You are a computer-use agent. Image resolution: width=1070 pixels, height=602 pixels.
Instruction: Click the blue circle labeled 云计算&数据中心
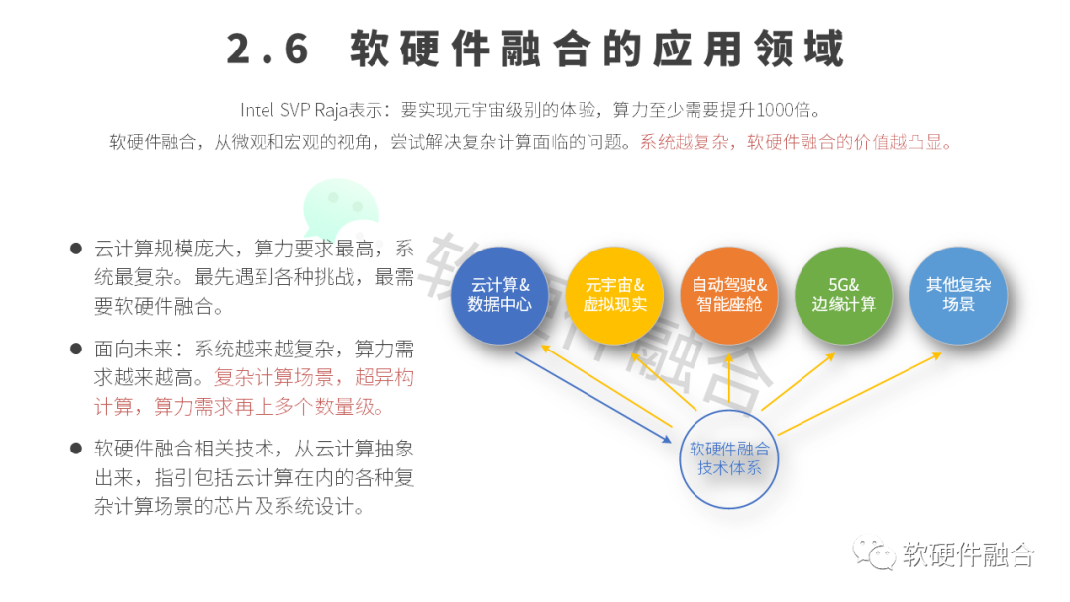click(498, 294)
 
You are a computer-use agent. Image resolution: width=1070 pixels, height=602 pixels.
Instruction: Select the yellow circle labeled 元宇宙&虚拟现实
click(614, 294)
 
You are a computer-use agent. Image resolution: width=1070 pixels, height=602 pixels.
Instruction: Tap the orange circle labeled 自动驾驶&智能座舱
click(729, 294)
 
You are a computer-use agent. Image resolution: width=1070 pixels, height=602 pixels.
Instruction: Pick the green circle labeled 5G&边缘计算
click(843, 294)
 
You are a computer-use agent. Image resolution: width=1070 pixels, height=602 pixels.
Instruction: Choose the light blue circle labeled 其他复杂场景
click(958, 294)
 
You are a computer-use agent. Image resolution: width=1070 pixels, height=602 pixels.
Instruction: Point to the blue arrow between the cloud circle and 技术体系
click(593, 397)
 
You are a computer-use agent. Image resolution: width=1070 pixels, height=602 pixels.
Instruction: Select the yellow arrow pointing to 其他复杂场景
click(860, 393)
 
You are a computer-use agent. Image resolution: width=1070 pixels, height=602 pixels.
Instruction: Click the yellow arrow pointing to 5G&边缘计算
click(798, 382)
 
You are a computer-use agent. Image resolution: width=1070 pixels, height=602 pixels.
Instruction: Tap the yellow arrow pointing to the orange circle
click(729, 378)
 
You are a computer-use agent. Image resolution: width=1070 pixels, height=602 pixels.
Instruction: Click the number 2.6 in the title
click(267, 50)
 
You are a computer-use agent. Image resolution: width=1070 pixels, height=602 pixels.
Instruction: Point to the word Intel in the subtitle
click(257, 111)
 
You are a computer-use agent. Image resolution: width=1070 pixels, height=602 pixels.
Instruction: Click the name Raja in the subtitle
click(331, 111)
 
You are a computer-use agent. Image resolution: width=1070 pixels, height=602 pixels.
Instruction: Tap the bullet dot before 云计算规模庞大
click(76, 249)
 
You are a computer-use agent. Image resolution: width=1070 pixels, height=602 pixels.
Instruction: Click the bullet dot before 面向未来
click(76, 349)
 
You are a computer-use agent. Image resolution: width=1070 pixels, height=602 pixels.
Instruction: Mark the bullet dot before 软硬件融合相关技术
click(76, 448)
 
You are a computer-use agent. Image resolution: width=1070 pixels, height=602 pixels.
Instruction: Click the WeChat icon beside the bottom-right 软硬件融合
click(874, 552)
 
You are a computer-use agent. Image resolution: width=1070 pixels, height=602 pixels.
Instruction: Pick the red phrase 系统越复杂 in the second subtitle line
click(684, 142)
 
